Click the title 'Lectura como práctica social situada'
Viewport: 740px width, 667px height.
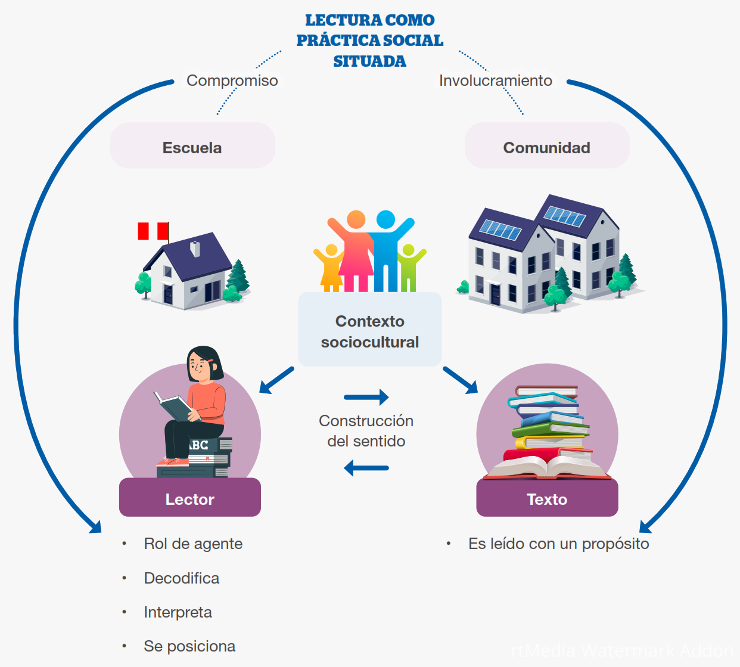(x=369, y=41)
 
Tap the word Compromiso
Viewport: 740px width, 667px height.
(x=232, y=80)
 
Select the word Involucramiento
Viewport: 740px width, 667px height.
(x=495, y=80)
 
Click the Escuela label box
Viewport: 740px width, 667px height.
(x=192, y=147)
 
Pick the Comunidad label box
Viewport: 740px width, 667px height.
(x=546, y=147)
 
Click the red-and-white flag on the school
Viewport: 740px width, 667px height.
(x=153, y=231)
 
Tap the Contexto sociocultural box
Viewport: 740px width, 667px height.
(x=369, y=331)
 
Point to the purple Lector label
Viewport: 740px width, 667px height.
(x=189, y=499)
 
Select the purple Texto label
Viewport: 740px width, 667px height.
(x=546, y=499)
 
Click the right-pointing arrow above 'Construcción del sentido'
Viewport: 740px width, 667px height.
(x=366, y=397)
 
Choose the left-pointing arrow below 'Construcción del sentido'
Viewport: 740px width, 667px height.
(x=366, y=468)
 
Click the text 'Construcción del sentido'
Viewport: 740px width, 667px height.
(x=366, y=431)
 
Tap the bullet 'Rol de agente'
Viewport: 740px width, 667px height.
(x=193, y=544)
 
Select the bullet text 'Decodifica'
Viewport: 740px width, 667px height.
(x=181, y=578)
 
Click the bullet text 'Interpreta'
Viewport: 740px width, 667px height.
(x=178, y=612)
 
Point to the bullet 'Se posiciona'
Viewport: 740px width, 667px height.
(x=189, y=646)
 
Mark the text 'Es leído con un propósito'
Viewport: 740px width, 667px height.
(x=558, y=544)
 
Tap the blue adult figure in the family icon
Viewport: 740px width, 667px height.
(x=386, y=250)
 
